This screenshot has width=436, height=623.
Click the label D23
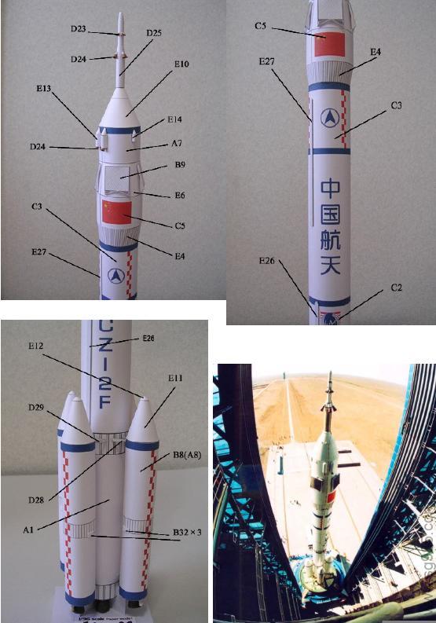[x=78, y=29]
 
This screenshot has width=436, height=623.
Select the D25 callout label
[x=154, y=33]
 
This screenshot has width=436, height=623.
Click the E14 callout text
[x=174, y=120]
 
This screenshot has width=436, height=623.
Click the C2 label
[x=398, y=288]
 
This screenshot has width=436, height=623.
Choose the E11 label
[x=174, y=379]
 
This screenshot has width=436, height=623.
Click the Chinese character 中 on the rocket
[x=332, y=189]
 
